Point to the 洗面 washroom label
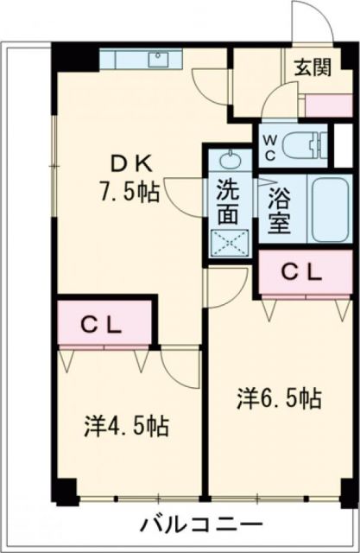[x=227, y=201]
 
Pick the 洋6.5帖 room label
[x=281, y=398]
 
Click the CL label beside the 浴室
[x=303, y=272]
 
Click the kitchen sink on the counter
[x=160, y=60]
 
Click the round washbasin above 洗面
[x=228, y=160]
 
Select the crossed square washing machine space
[x=228, y=241]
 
